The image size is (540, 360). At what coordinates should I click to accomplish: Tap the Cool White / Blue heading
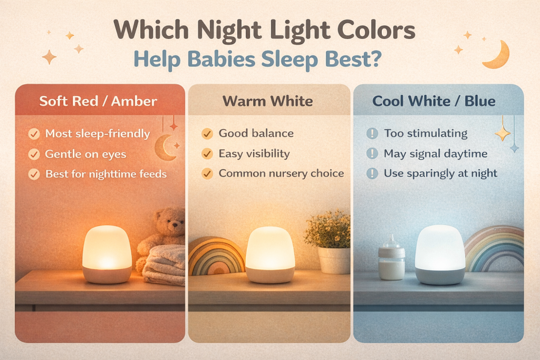click(434, 101)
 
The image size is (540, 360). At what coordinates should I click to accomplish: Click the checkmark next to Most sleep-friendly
click(34, 134)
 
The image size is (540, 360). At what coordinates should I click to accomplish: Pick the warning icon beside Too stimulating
click(372, 133)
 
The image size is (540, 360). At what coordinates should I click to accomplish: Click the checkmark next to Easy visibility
click(207, 154)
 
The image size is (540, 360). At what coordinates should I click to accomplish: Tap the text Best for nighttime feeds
click(105, 173)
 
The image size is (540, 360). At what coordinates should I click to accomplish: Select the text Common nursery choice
click(281, 173)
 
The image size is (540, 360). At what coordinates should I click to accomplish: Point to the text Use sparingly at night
click(440, 173)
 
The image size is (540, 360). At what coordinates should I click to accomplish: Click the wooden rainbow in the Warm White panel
click(216, 257)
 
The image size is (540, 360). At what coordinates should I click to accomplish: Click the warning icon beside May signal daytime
click(372, 154)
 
